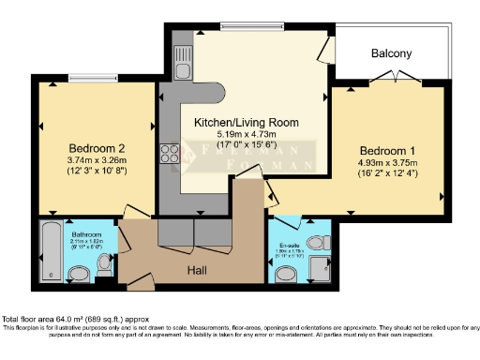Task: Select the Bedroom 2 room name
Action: point(97,148)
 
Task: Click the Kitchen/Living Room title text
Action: point(247,123)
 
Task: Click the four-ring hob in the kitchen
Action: point(171,152)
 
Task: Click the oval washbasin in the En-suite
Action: point(287,274)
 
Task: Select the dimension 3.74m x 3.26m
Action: point(97,160)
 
